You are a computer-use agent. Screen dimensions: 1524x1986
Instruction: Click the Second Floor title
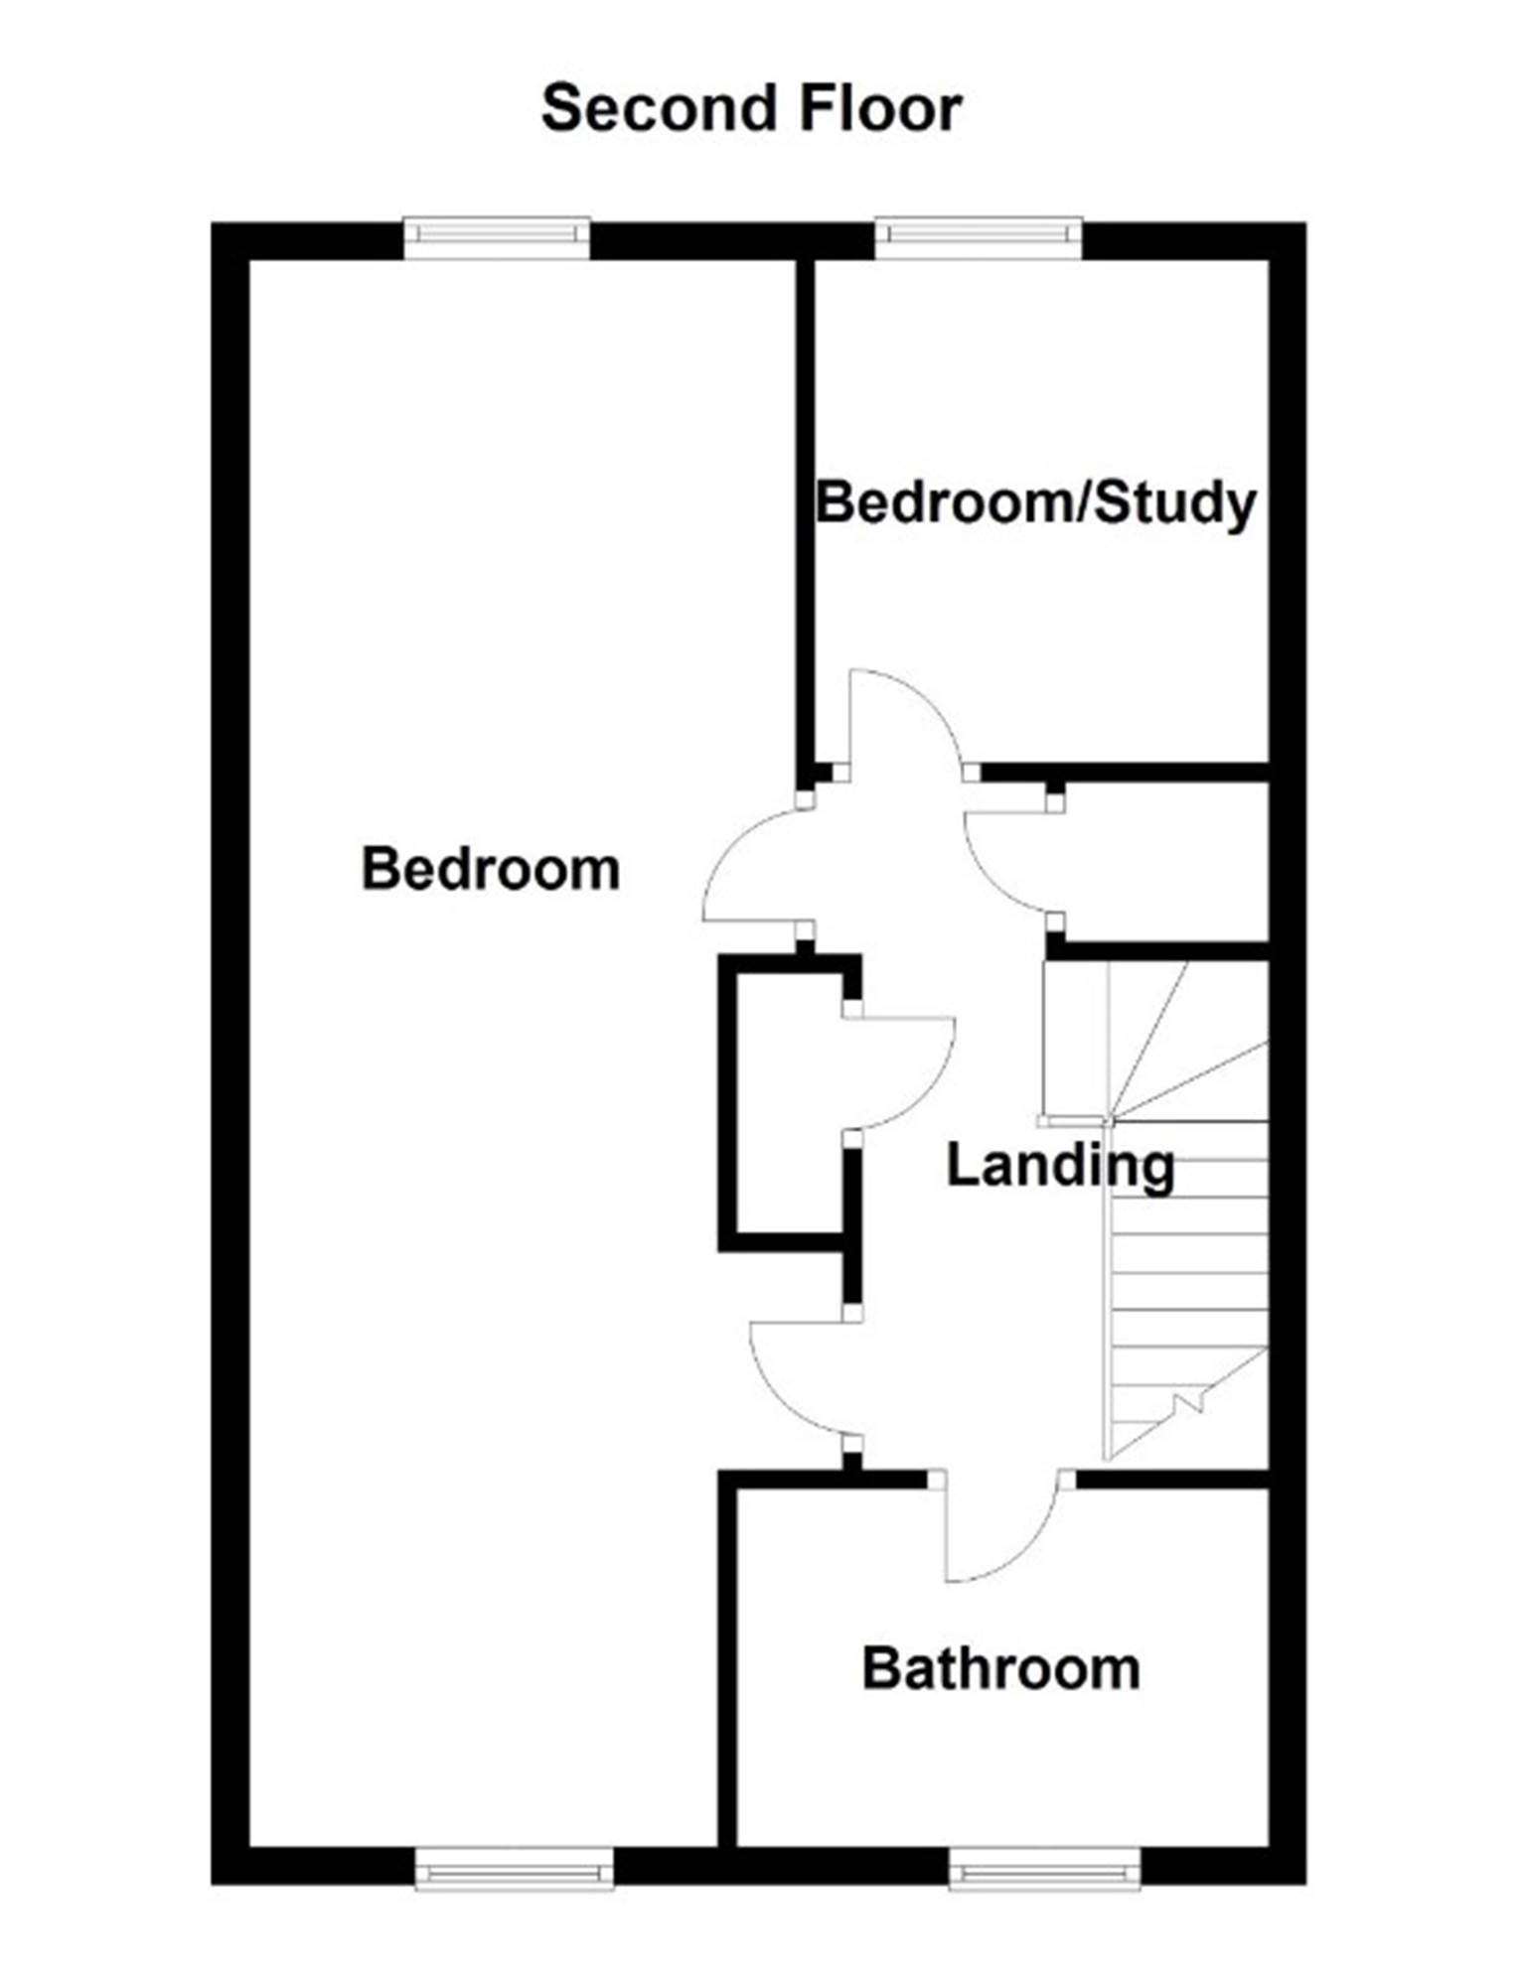pyautogui.click(x=751, y=108)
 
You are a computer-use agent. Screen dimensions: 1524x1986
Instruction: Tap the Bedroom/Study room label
pyautogui.click(x=1036, y=502)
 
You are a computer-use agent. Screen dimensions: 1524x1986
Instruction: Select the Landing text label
pyautogui.click(x=1060, y=1166)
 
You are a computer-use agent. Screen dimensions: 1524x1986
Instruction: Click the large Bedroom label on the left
pyautogui.click(x=491, y=869)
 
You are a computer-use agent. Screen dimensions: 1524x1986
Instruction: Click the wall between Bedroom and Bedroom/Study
pyautogui.click(x=806, y=516)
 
